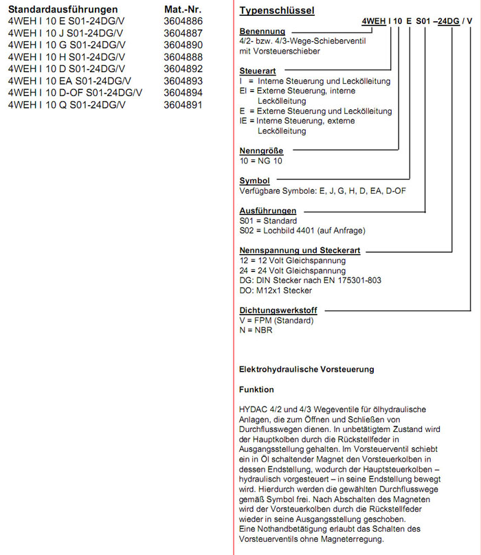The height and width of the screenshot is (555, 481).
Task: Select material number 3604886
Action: coord(183,22)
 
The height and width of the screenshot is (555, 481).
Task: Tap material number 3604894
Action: coord(183,93)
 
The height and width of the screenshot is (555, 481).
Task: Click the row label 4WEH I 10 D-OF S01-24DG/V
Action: coord(75,93)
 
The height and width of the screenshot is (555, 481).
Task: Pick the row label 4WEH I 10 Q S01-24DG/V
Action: coord(67,104)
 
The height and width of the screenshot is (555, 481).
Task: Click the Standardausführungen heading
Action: coord(63,10)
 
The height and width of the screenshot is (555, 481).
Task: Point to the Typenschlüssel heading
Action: coord(277,11)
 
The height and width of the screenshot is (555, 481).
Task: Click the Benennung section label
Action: coord(262,33)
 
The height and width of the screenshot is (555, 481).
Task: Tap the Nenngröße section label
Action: coord(261,150)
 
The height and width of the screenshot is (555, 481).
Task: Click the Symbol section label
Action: coord(254,181)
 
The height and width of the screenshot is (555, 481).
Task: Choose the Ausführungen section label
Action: coord(268,211)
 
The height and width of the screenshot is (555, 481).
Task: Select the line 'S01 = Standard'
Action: coord(268,221)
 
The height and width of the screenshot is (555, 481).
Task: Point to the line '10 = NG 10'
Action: coord(260,161)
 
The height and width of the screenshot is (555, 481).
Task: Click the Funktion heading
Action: coord(256,389)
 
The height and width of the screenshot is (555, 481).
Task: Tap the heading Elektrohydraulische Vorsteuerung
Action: coord(306,370)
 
